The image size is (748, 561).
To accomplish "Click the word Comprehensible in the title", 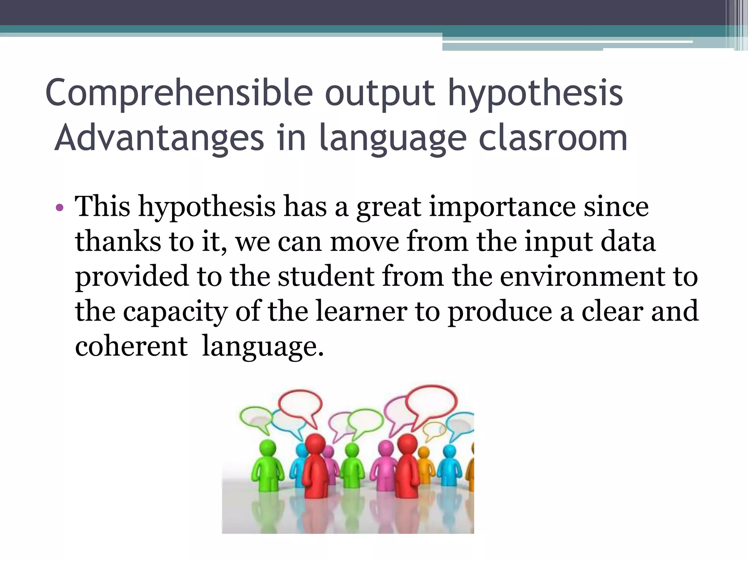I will coord(179,93).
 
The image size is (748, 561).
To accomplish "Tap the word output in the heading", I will coord(380,93).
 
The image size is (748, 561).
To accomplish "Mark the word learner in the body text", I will coord(361,311).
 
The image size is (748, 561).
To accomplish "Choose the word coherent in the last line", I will coord(131,346).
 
